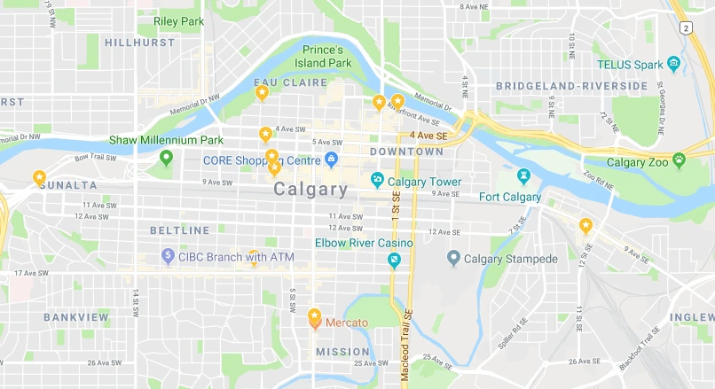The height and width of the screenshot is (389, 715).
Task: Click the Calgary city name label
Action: tap(310, 189)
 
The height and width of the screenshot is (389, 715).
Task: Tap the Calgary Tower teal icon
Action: tap(377, 182)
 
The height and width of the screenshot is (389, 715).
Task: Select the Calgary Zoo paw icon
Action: tap(679, 161)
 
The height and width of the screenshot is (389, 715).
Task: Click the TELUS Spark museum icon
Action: tap(673, 64)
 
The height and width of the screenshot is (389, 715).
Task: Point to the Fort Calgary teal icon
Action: tap(524, 176)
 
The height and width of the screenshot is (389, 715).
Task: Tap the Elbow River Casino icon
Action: tap(394, 259)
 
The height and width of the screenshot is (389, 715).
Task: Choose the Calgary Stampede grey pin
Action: tap(453, 258)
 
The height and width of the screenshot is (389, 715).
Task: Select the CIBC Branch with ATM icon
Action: tap(167, 257)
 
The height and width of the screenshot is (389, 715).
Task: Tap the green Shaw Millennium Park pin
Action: tap(165, 158)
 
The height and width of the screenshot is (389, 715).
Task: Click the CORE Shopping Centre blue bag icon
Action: tap(331, 160)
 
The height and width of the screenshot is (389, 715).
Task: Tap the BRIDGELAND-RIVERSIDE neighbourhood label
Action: tap(571, 85)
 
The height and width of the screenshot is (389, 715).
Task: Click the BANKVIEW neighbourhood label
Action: tap(76, 316)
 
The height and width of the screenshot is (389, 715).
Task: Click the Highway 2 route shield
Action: tap(685, 28)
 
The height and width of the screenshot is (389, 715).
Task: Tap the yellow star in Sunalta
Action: tap(39, 177)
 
